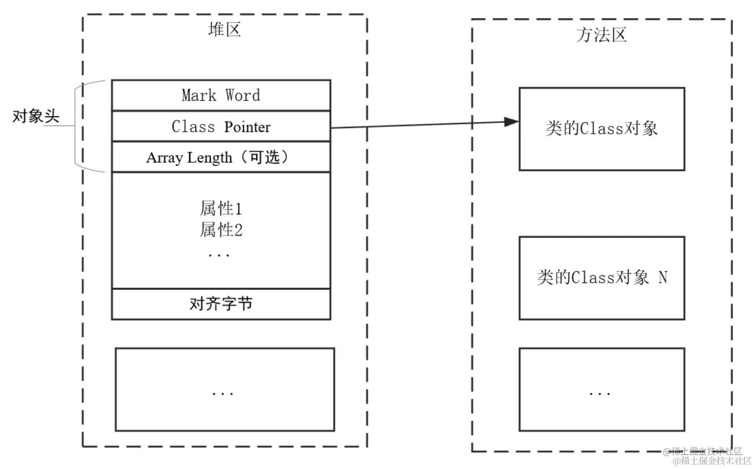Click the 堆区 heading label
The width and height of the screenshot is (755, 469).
click(224, 30)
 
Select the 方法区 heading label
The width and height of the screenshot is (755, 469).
click(601, 35)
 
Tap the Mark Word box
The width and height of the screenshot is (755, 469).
click(221, 95)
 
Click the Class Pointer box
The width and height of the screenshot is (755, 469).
click(221, 127)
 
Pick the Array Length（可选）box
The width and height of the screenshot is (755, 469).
click(221, 157)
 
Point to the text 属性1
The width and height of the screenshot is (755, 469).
click(221, 209)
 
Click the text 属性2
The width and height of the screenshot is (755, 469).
click(221, 230)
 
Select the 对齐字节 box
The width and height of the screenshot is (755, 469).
click(221, 304)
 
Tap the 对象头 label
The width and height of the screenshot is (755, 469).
click(36, 117)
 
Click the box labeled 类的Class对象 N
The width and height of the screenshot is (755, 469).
click(601, 278)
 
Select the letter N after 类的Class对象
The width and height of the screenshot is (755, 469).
click(663, 278)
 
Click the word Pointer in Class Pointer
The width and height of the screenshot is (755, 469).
click(247, 127)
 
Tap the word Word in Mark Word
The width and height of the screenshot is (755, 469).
click(242, 95)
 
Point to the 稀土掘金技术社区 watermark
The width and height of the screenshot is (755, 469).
click(711, 461)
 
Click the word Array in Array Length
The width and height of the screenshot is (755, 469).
click(164, 158)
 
